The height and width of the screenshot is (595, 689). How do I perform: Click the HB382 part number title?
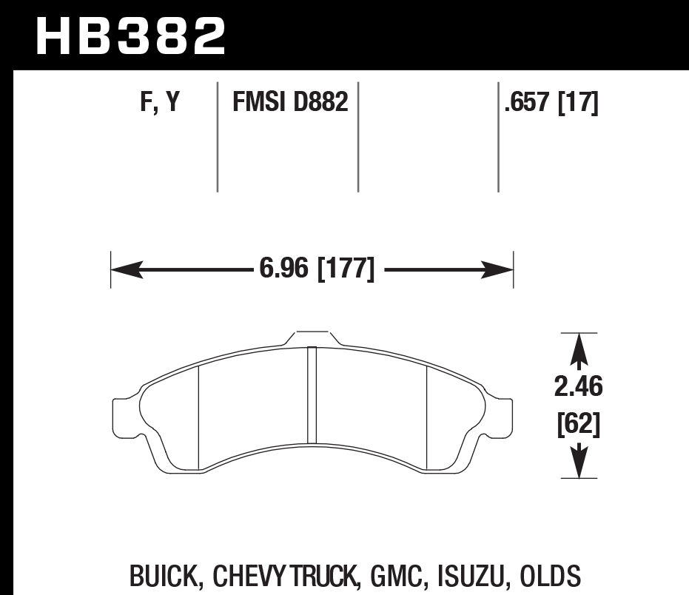pyautogui.click(x=130, y=36)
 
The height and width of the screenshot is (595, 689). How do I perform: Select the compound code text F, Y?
pyautogui.click(x=160, y=103)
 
